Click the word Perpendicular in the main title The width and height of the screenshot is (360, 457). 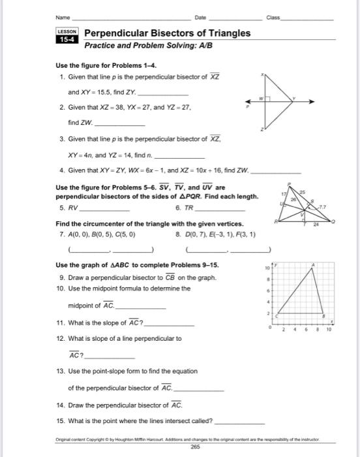[x=117, y=33]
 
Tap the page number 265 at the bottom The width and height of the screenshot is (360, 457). [x=194, y=447]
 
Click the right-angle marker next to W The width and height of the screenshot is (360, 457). [x=267, y=99]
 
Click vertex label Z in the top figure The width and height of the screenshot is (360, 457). [x=262, y=130]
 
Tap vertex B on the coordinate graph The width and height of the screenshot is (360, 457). [x=325, y=315]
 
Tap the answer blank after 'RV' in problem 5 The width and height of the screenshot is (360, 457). [x=104, y=211]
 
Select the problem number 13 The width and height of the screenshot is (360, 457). [x=61, y=371]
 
